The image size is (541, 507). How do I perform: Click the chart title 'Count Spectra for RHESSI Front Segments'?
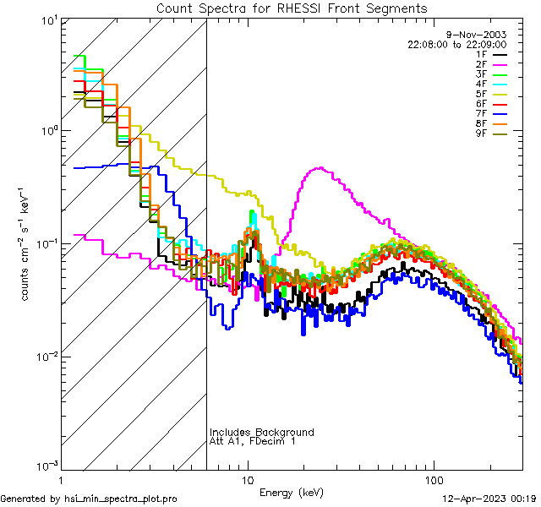pos(292,8)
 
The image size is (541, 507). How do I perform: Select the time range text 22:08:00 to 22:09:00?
pos(456,44)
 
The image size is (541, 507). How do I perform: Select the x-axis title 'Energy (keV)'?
pos(292,492)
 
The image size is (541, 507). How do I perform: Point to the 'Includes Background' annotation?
pos(262,432)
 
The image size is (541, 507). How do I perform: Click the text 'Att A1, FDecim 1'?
pos(253,441)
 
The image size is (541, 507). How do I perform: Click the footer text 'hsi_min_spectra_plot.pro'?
pos(121,499)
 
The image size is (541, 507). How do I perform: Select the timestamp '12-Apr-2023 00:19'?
pos(491,499)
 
